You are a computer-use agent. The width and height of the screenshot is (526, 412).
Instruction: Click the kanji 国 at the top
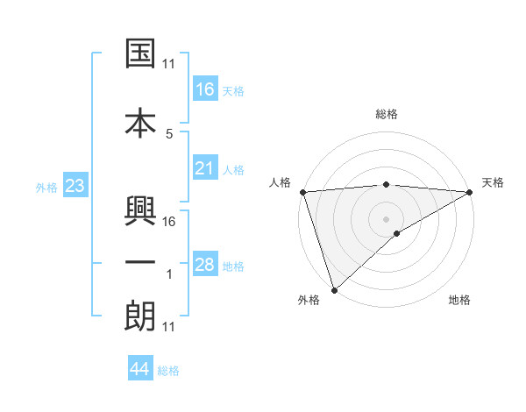pos(141,54)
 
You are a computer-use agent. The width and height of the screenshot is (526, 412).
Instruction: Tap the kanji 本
pos(141,121)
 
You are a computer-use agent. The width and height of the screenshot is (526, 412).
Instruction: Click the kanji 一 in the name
pos(141,260)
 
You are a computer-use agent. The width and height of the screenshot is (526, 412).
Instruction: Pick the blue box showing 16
pos(205,89)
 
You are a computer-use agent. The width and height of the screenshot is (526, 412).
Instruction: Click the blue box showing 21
pos(205,168)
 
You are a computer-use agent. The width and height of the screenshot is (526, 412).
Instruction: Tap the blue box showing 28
pos(205,265)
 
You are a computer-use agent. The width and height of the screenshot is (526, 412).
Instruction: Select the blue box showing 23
pos(75,186)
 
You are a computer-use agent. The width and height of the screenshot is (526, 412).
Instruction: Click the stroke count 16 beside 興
pos(169,221)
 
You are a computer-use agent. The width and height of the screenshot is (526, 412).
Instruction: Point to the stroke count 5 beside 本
pos(169,133)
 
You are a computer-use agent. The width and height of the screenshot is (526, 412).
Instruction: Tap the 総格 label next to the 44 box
pos(168,371)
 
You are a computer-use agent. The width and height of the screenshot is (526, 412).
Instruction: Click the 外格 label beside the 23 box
pos(46,187)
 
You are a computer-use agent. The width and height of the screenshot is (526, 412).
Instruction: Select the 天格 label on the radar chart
pos(493,182)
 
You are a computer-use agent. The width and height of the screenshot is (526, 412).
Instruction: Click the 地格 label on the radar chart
pos(459,301)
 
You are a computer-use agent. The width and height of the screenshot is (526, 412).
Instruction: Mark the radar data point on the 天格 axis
pos(470,192)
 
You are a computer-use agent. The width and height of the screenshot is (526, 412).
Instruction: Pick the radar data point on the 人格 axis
pos(302,192)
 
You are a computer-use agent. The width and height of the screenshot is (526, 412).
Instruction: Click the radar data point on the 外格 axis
pos(334,289)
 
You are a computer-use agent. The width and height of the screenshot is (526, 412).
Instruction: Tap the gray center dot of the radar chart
pos(386,218)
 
